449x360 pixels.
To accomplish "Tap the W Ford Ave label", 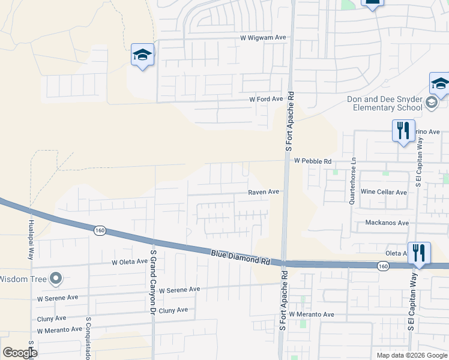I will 266,99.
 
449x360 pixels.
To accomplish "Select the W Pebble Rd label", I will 313,161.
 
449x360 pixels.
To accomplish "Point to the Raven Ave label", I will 264,192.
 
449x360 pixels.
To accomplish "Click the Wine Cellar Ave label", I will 384,192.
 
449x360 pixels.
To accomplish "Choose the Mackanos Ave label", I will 387,223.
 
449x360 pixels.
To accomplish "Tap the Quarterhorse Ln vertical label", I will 354,181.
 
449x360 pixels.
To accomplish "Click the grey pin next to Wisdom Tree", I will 56,278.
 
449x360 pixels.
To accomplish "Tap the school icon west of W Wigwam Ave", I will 142,55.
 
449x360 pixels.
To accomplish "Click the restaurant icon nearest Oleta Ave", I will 419,253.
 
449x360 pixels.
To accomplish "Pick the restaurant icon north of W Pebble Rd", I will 403,130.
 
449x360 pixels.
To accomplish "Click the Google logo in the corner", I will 20,352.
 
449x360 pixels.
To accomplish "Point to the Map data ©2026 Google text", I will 411,355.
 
